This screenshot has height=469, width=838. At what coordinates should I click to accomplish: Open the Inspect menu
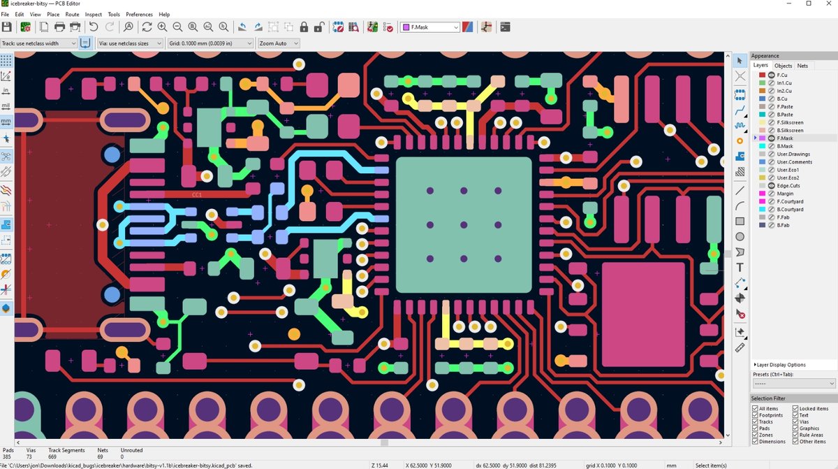click(93, 14)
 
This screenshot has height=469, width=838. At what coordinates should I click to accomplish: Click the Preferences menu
click(139, 14)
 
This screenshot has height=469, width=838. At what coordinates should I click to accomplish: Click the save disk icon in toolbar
click(7, 27)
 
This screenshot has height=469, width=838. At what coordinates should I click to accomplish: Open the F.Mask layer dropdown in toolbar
click(429, 27)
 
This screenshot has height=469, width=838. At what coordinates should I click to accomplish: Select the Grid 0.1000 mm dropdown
click(210, 43)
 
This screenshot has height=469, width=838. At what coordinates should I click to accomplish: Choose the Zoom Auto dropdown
click(278, 43)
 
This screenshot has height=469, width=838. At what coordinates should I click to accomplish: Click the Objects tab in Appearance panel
click(783, 66)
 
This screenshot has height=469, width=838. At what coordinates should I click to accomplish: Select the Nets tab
click(802, 66)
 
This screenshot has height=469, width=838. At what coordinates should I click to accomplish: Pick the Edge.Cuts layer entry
click(788, 185)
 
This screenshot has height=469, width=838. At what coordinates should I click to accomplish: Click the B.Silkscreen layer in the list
click(790, 131)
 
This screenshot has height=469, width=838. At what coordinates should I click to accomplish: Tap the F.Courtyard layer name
click(790, 201)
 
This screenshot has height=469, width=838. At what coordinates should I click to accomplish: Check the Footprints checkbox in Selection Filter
click(756, 415)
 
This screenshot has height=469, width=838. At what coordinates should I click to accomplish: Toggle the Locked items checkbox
click(794, 408)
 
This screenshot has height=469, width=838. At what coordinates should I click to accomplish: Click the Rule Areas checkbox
click(794, 435)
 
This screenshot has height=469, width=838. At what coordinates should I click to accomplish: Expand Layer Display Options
click(780, 365)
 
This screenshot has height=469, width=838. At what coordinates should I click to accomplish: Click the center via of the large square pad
click(464, 224)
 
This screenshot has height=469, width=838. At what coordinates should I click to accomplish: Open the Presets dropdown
click(793, 384)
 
